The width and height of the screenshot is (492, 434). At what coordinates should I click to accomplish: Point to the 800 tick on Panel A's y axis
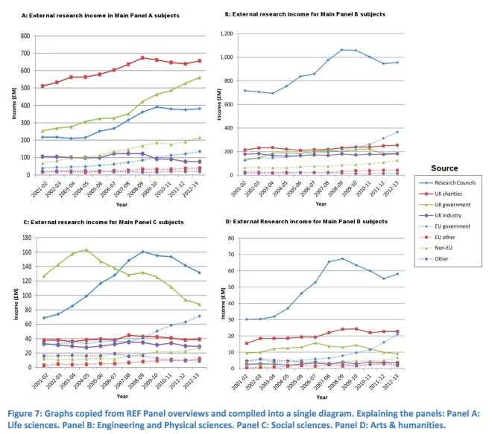click(26, 36)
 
